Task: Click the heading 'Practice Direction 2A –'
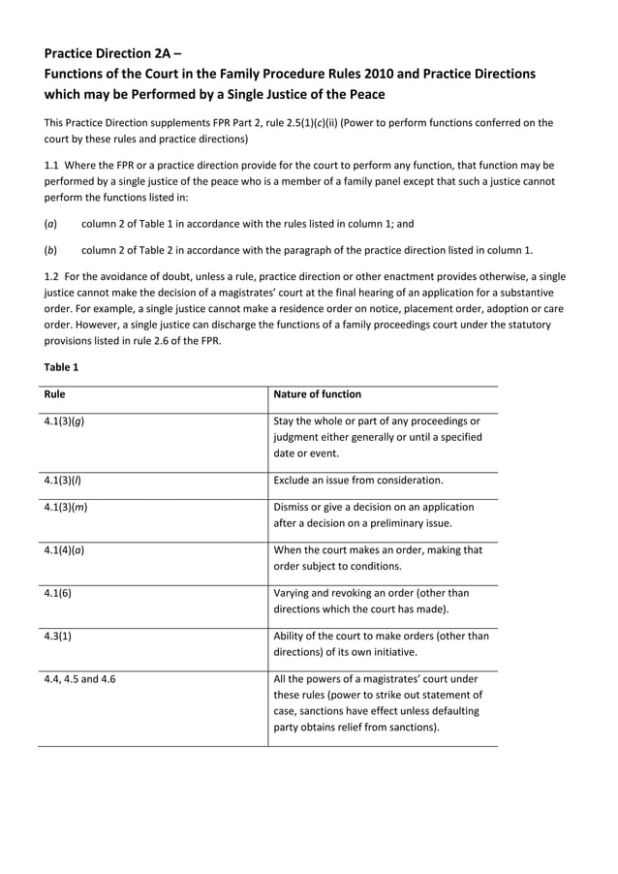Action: [109, 53]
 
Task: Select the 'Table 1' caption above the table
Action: [61, 367]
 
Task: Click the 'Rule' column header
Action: [55, 394]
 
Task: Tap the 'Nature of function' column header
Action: [318, 394]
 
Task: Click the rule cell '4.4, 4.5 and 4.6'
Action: [79, 679]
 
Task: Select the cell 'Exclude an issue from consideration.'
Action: [358, 480]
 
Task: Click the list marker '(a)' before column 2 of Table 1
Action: [50, 223]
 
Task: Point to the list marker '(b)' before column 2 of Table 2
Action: [50, 248]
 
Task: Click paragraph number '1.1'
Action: [52, 165]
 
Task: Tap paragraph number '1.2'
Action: [52, 277]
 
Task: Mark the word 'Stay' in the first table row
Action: [286, 421]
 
